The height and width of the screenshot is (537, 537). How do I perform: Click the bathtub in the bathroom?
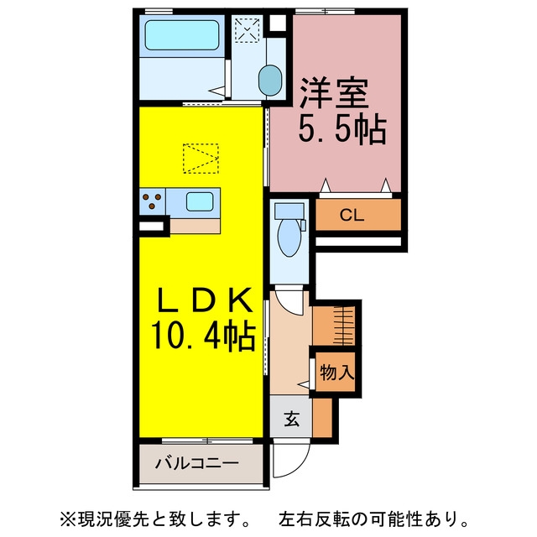pyautogui.click(x=181, y=35)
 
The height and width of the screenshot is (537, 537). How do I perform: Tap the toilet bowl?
pyautogui.click(x=289, y=237)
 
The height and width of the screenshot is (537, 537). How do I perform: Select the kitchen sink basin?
pyautogui.click(x=200, y=201)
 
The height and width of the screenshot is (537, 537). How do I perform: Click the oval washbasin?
pyautogui.click(x=270, y=81)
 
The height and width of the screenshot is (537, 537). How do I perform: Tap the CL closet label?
pyautogui.click(x=352, y=215)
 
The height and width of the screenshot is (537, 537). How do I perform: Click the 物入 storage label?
pyautogui.click(x=337, y=373)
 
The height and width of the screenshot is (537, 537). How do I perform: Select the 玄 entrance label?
pyautogui.click(x=292, y=419)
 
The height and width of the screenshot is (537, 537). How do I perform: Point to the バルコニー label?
pyautogui.click(x=197, y=464)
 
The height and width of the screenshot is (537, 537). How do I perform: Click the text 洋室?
pyautogui.click(x=334, y=93)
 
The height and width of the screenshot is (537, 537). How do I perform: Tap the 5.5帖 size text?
pyautogui.click(x=342, y=130)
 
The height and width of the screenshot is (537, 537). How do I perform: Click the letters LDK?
pyautogui.click(x=205, y=300)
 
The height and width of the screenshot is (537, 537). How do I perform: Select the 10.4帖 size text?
pyautogui.click(x=203, y=336)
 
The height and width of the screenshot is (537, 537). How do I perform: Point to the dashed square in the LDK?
pyautogui.click(x=201, y=159)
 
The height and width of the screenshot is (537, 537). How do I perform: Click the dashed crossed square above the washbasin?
pyautogui.click(x=247, y=30)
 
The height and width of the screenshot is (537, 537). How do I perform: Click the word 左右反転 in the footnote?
pyautogui.click(x=315, y=519)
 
